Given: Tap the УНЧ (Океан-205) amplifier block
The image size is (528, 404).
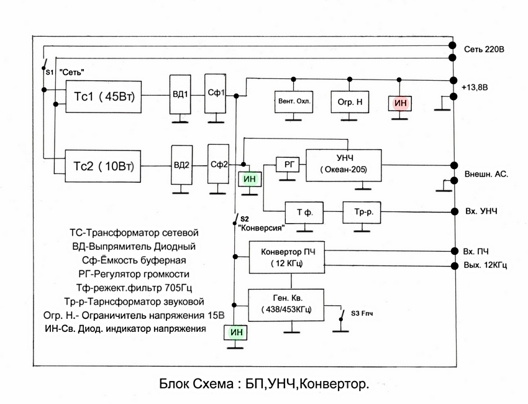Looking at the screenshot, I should click(344, 164).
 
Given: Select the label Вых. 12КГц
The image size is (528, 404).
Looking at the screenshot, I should click(485, 266).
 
